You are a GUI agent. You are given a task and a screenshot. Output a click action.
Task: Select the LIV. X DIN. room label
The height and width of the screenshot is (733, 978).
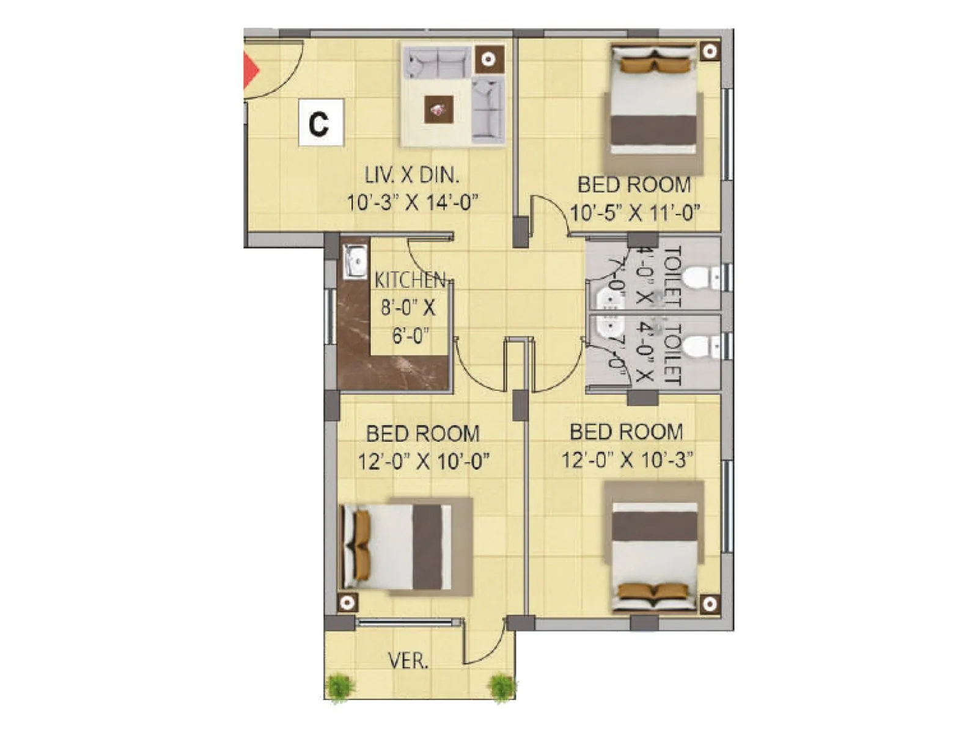click(411, 175)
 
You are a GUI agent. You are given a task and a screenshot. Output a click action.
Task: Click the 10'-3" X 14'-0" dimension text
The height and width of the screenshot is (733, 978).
click(411, 202)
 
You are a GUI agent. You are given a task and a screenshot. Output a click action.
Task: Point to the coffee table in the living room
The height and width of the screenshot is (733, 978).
click(439, 110)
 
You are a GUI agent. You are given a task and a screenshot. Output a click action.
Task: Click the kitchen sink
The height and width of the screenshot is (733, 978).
click(354, 261)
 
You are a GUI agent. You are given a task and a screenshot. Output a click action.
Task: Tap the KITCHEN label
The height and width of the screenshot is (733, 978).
click(410, 280)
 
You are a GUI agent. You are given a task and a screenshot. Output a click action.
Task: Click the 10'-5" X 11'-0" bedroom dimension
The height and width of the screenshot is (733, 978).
click(635, 214)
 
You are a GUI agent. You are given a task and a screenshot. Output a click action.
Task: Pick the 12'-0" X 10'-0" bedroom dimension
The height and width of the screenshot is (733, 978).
click(424, 461)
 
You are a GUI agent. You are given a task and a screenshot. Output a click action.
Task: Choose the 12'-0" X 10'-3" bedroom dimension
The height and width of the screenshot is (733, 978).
click(627, 459)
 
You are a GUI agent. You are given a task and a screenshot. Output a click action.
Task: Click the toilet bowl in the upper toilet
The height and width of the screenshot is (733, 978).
click(699, 278)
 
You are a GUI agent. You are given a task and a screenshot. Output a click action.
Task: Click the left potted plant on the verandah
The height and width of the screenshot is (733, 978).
click(340, 687)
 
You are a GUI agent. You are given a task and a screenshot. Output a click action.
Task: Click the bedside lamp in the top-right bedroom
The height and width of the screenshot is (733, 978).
click(709, 51)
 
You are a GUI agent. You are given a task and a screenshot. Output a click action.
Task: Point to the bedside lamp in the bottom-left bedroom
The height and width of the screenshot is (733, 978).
click(347, 603)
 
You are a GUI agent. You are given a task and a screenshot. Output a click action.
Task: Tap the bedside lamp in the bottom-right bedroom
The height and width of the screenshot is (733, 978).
click(709, 604)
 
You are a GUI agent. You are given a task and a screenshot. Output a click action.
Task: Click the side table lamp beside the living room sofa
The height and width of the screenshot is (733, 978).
click(488, 59)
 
